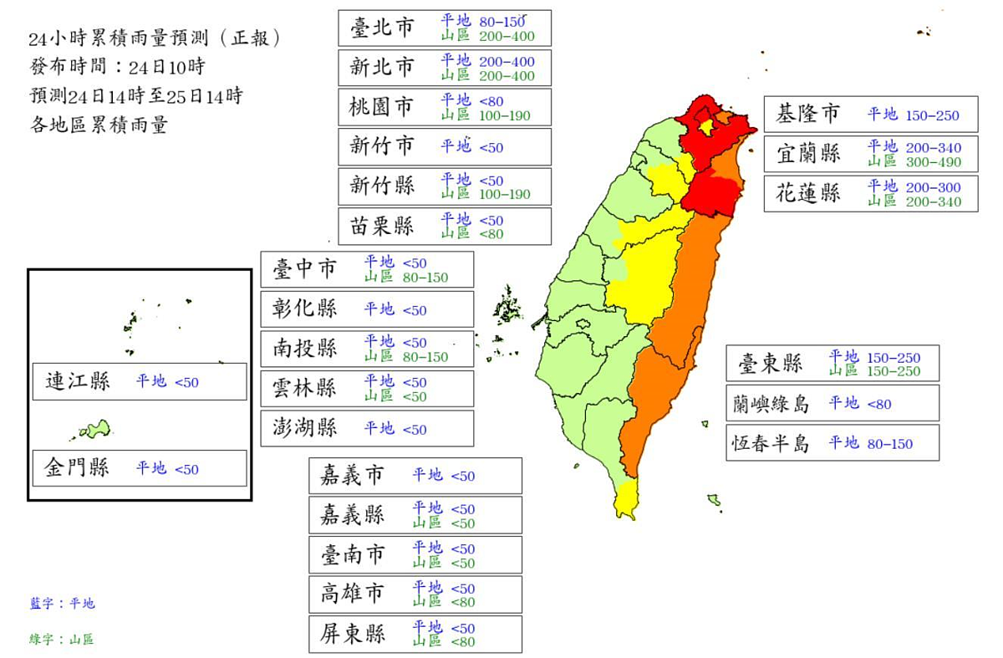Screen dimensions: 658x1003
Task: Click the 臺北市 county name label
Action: tap(382, 28)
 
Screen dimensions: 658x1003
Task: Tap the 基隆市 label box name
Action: tap(807, 115)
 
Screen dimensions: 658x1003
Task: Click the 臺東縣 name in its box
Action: tap(770, 363)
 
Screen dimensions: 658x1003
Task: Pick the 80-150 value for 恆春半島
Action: tap(890, 444)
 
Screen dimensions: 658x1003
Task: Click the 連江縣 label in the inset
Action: tap(77, 382)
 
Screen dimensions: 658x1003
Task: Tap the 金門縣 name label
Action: tap(77, 468)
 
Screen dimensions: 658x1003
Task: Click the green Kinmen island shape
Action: tap(94, 430)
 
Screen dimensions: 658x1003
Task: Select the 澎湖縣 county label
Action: tap(304, 428)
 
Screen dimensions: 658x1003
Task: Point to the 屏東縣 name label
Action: tap(353, 634)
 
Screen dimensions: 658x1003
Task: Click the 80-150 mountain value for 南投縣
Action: tap(425, 357)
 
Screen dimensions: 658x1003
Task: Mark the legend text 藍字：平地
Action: tap(62, 603)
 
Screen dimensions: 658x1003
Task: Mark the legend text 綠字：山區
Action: tap(62, 640)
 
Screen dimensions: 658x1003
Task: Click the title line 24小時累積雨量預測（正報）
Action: tap(154, 38)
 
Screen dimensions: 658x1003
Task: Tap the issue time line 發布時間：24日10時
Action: tap(116, 67)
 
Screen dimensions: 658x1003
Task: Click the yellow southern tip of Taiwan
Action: tap(626, 500)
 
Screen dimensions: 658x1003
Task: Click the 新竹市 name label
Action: tap(382, 146)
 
